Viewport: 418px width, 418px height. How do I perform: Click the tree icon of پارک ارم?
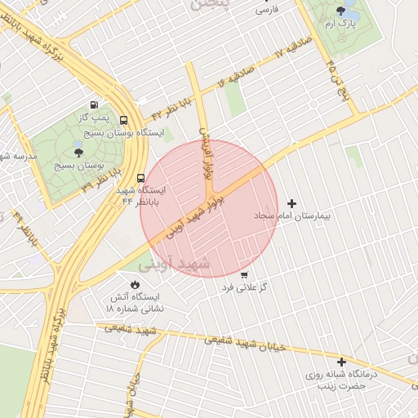click(x=340, y=11)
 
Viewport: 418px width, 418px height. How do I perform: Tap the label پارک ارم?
click(x=341, y=25)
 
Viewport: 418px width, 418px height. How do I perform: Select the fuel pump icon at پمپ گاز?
click(x=96, y=104)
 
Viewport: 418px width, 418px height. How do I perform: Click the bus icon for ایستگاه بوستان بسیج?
click(x=123, y=119)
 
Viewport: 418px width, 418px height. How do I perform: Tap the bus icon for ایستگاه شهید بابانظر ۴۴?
click(x=141, y=177)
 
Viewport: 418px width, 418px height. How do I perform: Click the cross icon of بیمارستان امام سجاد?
click(x=292, y=202)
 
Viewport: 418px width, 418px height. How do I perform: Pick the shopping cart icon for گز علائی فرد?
click(x=244, y=274)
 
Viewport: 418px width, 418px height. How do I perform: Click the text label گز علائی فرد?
click(x=246, y=288)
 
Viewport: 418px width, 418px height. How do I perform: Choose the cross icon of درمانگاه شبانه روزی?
click(x=341, y=361)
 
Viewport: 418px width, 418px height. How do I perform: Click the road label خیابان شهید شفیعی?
click(x=244, y=342)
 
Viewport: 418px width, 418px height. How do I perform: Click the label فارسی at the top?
click(x=266, y=10)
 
